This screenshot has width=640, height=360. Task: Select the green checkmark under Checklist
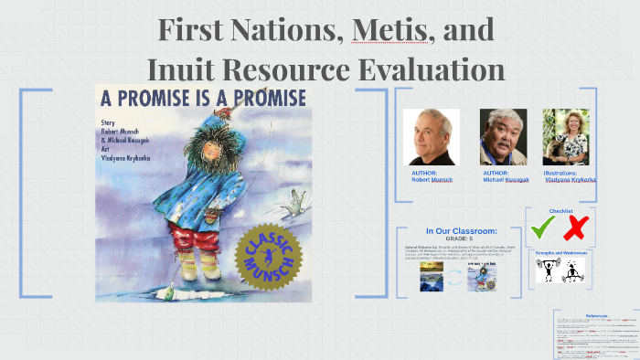[543, 226]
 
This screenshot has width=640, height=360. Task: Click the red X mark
[578, 227]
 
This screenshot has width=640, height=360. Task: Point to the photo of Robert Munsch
[431, 137]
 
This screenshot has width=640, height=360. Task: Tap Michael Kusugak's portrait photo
[503, 137]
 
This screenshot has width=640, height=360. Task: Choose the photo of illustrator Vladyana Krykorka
[566, 137]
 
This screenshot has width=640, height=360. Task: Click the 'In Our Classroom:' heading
[461, 231]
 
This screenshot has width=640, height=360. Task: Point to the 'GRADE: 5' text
[461, 238]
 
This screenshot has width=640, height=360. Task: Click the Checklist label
[560, 211]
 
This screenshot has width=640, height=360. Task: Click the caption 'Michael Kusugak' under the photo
[503, 180]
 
